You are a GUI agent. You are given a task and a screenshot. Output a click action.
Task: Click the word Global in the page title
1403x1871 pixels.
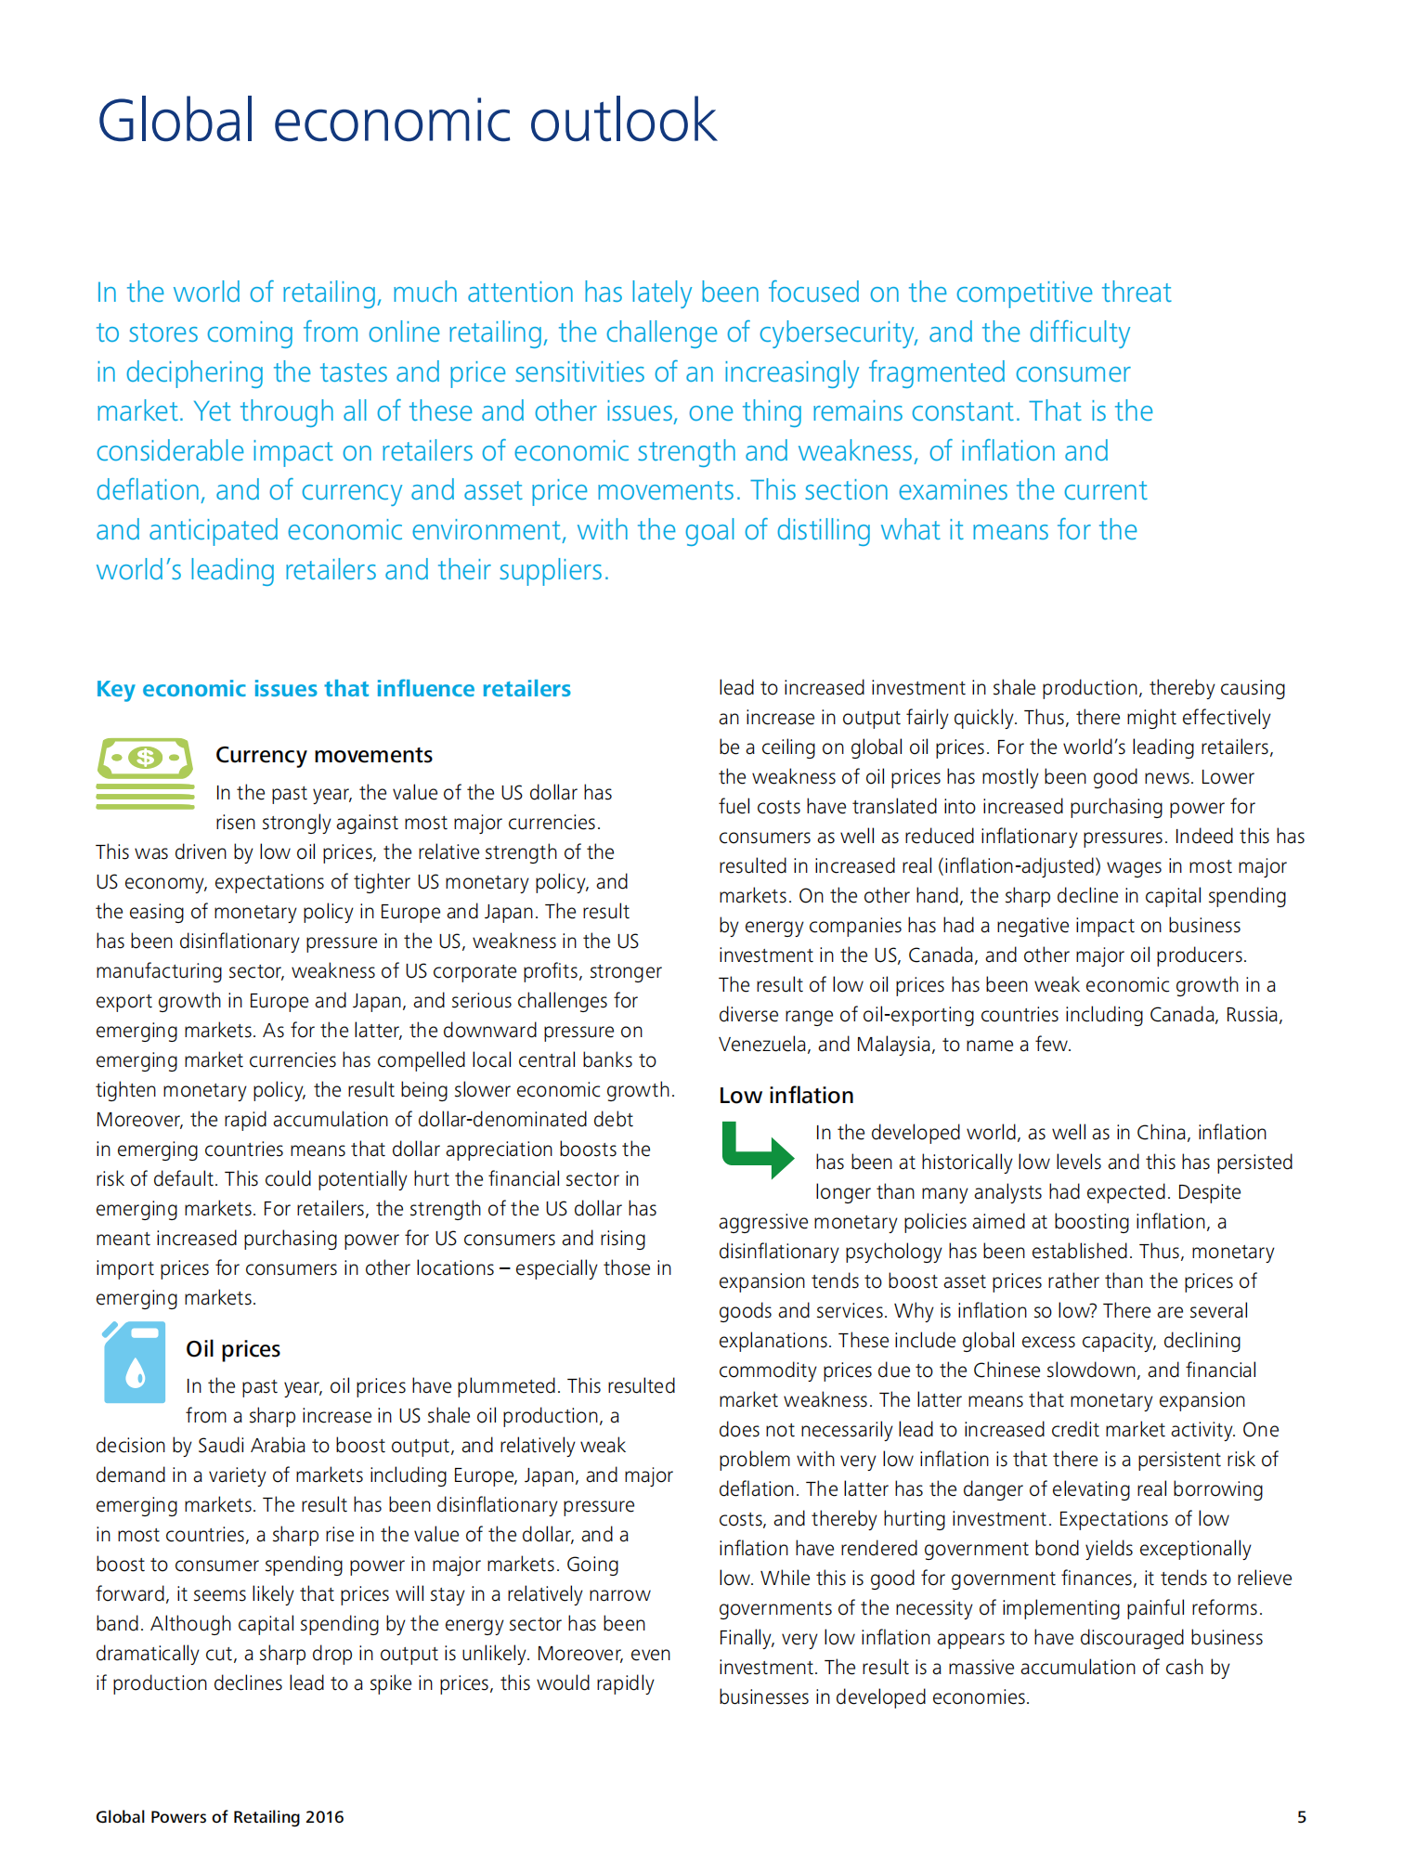pyautogui.click(x=175, y=121)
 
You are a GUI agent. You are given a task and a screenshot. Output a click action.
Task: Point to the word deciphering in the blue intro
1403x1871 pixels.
pyautogui.click(x=195, y=372)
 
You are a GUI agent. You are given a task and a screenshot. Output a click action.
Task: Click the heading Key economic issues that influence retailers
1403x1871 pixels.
pyautogui.click(x=333, y=689)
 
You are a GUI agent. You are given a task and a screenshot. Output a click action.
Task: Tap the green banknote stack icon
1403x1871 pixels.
pyautogui.click(x=145, y=773)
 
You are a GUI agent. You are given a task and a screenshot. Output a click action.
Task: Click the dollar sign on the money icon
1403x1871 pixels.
pyautogui.click(x=145, y=758)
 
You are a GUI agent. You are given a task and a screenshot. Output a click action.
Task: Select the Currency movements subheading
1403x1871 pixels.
pyautogui.click(x=324, y=755)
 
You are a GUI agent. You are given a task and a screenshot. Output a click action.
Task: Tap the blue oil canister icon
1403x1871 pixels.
pyautogui.click(x=135, y=1362)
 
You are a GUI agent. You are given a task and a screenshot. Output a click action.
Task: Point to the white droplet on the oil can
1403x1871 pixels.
pyautogui.click(x=136, y=1372)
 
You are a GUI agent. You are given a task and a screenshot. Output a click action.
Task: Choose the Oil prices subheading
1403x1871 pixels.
pyautogui.click(x=233, y=1349)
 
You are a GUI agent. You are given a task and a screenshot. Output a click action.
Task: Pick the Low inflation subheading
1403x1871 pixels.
pyautogui.click(x=786, y=1096)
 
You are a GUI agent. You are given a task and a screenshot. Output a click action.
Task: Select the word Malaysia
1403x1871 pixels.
pyautogui.click(x=893, y=1045)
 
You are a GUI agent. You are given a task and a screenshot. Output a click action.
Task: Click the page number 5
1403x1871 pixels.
pyautogui.click(x=1302, y=1817)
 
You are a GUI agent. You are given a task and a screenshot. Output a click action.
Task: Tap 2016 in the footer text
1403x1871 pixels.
pyautogui.click(x=324, y=1817)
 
